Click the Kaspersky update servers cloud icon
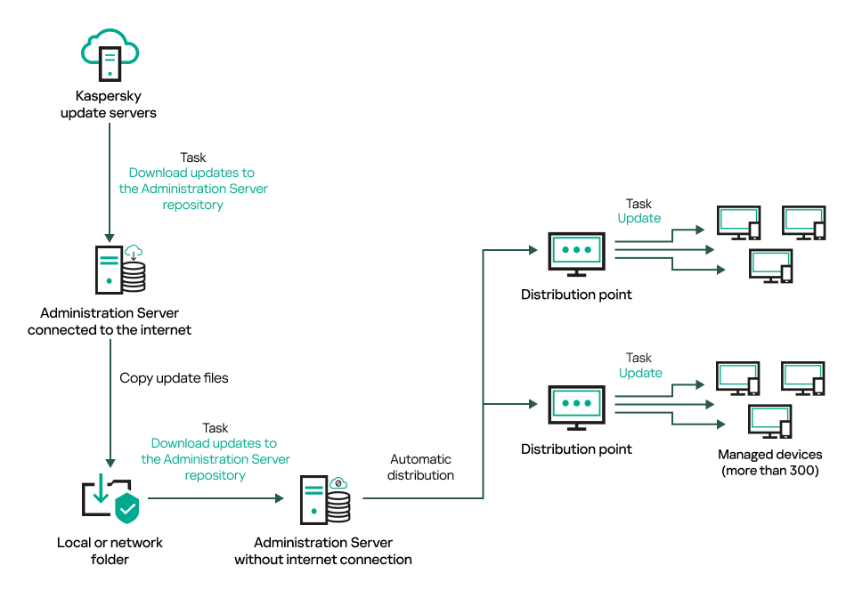pos(109,53)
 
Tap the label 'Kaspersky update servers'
pos(109,104)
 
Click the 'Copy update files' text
pos(174,378)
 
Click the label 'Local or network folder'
pos(110,550)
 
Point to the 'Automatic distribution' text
pos(421,467)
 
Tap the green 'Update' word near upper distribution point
pos(639,218)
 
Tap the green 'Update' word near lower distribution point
pos(640,373)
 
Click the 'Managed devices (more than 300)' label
pos(769,462)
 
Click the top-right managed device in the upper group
pos(803,223)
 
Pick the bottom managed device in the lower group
pos(770,422)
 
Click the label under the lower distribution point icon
pos(576,449)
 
